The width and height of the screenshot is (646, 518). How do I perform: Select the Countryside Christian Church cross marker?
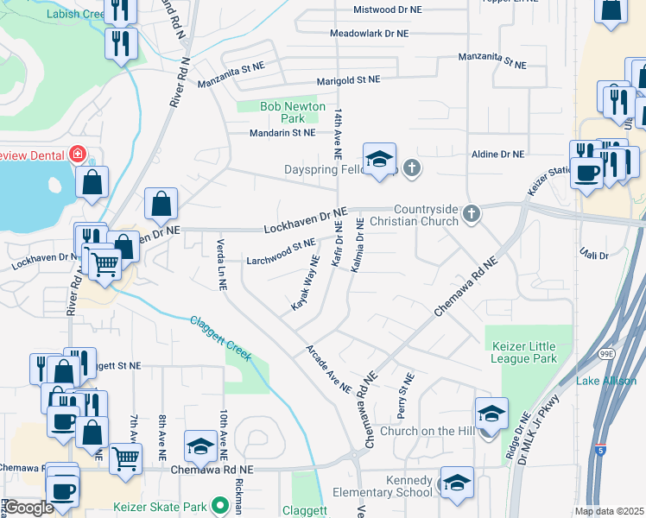point(471,213)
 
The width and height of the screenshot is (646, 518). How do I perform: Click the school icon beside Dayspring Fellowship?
point(378,160)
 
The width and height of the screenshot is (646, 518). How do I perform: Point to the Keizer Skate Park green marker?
point(221,504)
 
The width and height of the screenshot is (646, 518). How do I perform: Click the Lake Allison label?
point(606,381)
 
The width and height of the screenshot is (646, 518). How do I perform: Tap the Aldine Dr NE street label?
point(498,155)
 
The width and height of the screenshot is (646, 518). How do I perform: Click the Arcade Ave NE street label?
point(327,369)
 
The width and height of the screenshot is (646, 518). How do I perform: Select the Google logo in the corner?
point(28,507)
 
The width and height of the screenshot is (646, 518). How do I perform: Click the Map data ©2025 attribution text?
point(609,511)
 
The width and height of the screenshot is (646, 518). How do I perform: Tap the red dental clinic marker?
point(78,154)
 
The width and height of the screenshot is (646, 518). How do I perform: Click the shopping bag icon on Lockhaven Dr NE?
point(161,205)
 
